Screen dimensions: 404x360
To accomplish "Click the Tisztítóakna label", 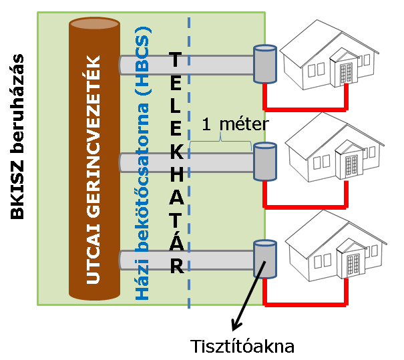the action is [242, 346].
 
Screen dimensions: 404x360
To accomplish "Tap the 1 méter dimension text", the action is [235, 124].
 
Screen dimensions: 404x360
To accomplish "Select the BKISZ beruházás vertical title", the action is [17, 136].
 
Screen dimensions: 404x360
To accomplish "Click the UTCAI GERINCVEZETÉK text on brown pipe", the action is [93, 170].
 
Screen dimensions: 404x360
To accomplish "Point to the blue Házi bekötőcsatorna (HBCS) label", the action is [142, 164].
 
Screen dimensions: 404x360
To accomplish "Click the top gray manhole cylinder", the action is [265, 64].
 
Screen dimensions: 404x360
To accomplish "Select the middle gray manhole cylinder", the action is [265, 162].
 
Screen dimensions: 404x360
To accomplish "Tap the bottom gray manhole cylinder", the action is [265, 259].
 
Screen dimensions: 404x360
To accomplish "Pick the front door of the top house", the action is [346, 73].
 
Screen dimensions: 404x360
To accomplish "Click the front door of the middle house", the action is [351, 166].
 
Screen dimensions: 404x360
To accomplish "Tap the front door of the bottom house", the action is [353, 264].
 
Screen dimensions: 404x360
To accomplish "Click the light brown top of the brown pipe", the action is [95, 23].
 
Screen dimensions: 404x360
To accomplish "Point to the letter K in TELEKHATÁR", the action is [176, 152].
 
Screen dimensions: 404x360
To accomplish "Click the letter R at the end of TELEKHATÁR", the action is [177, 266].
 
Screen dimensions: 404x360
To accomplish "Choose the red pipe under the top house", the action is [306, 110].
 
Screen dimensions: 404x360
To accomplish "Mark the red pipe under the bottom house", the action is [306, 305].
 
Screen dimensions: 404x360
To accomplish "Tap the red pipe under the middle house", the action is [306, 207].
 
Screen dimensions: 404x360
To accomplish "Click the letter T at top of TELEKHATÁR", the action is [175, 59].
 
